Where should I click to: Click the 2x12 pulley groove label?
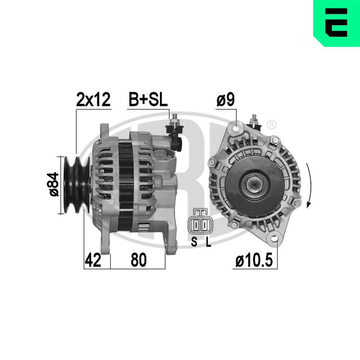93,100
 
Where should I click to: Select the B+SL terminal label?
148,100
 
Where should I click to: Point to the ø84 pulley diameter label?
53,184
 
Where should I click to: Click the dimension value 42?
93,260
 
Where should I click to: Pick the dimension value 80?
139,260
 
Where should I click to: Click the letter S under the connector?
194,242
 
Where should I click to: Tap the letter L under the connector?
208,242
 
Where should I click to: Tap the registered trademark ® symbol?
272,125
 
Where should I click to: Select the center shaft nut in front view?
255,184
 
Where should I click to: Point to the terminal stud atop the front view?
255,120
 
